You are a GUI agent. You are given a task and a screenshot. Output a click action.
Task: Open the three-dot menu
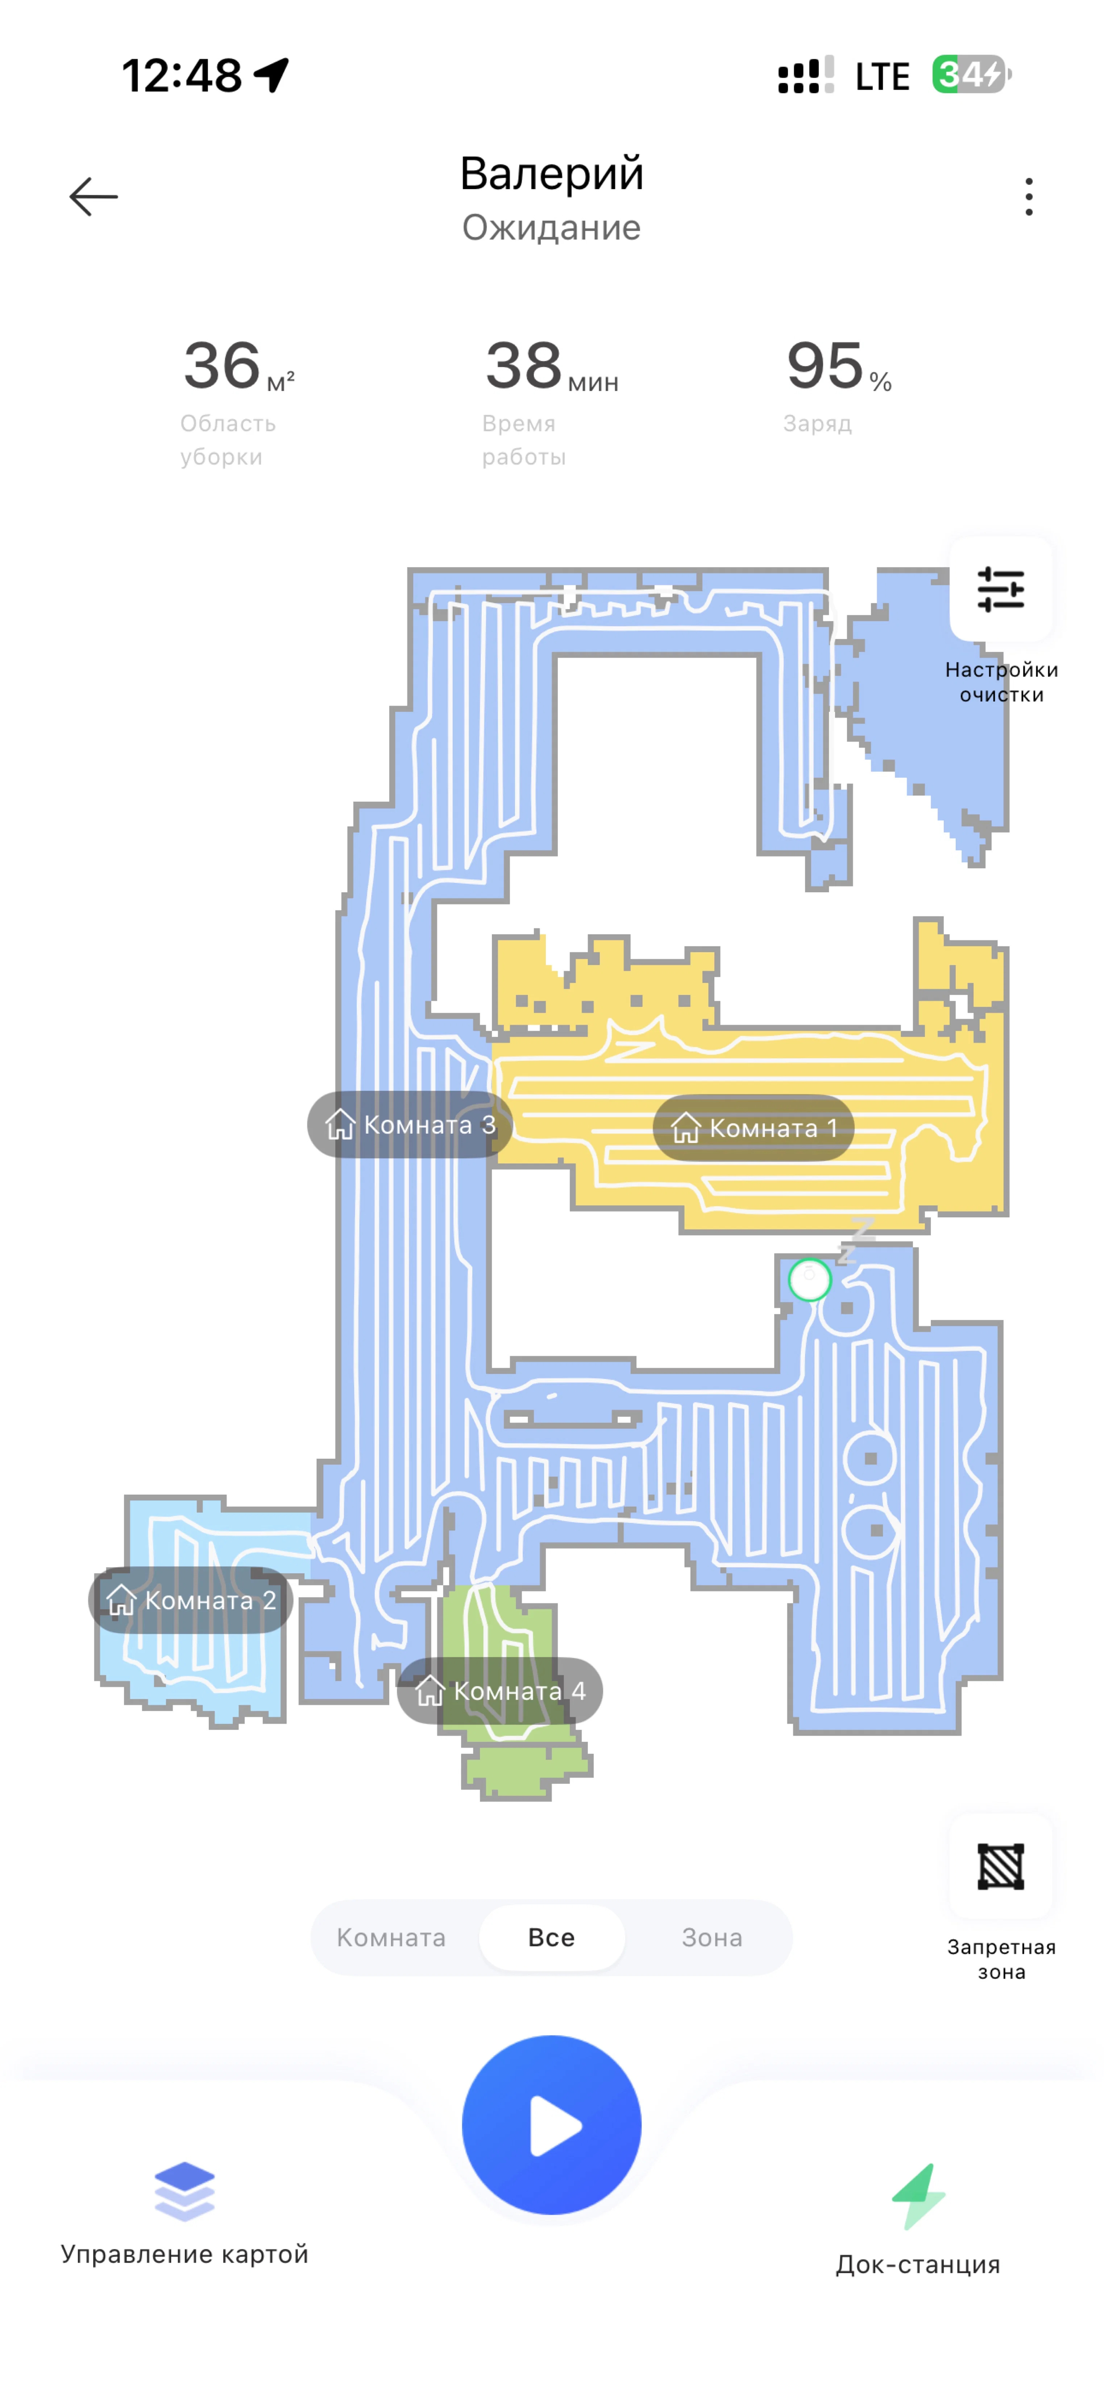click(x=1029, y=197)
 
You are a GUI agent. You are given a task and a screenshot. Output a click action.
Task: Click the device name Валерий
click(x=552, y=174)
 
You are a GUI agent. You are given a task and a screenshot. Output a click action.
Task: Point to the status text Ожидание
click(x=552, y=228)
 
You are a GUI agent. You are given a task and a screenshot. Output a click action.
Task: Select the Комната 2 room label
click(x=190, y=1600)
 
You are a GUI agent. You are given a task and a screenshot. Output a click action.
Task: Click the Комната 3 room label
click(x=410, y=1125)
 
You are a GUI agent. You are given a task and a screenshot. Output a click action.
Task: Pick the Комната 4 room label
click(x=499, y=1691)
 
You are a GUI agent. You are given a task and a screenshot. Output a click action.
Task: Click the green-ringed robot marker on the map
click(x=810, y=1280)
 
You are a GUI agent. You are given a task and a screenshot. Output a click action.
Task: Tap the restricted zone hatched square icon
click(x=1001, y=1866)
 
